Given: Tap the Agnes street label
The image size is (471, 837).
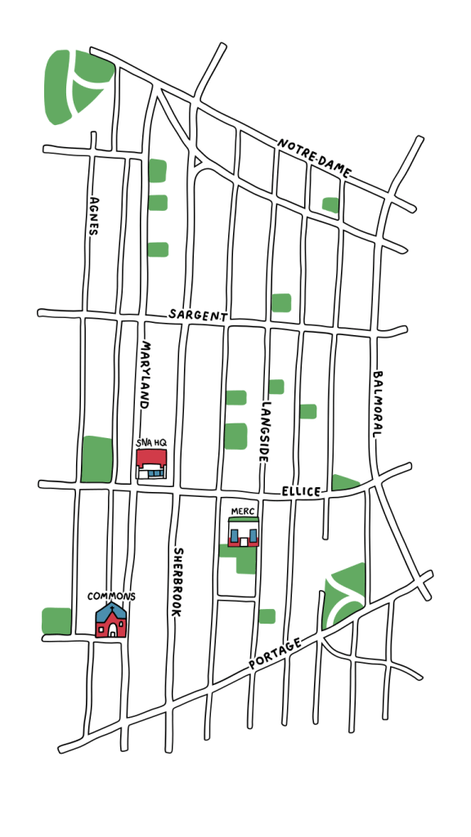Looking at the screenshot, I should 94,215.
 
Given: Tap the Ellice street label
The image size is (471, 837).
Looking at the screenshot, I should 303,491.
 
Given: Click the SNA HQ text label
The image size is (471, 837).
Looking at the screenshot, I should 151,443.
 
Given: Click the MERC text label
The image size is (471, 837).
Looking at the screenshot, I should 243,512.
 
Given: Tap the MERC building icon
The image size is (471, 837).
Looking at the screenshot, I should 244,534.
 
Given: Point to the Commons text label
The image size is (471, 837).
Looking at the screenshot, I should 111,596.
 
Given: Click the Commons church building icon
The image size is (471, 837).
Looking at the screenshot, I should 110,621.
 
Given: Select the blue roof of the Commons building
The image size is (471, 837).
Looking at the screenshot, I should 110,611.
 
